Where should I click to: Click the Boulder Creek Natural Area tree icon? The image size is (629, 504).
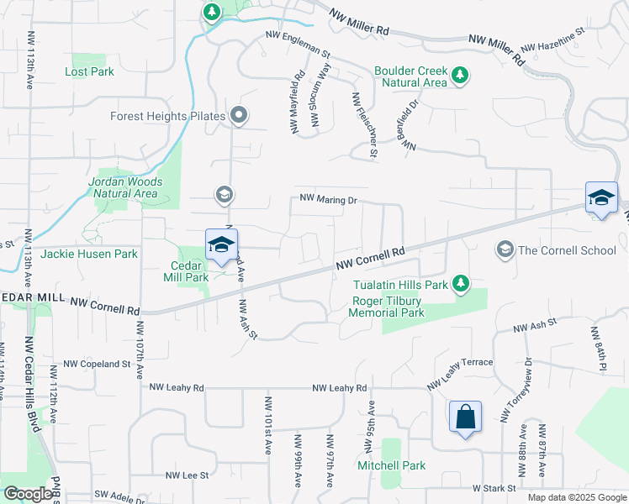pos(460,76)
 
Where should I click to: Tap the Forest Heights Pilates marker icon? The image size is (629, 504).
pos(239,116)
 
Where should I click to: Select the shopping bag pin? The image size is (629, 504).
pos(465,417)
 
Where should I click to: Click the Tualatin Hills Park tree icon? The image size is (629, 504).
pos(460,284)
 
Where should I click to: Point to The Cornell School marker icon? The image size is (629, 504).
pos(505,249)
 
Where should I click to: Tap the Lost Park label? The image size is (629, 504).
pos(89,72)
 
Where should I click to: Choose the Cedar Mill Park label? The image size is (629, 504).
pos(184,270)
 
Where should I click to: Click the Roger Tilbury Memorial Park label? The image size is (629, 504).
pos(387,307)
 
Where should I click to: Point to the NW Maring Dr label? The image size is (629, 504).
pos(330,201)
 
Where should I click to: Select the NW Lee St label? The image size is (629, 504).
pos(186,475)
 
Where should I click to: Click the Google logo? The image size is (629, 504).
pos(28,494)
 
